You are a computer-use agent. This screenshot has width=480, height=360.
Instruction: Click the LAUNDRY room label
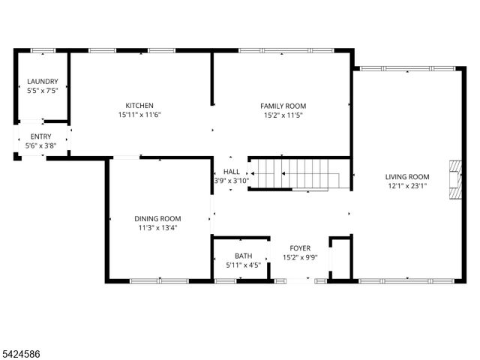coord(42,82)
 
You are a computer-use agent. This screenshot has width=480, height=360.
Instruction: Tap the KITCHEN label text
coord(139,106)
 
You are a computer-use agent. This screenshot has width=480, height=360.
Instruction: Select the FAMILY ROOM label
coord(283,106)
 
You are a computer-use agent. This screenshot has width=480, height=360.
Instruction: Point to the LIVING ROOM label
coord(407,176)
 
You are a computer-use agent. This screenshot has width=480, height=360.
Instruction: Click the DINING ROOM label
coord(157,218)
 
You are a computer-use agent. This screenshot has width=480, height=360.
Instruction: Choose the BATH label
coord(243,256)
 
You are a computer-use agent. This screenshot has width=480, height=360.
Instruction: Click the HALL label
coord(231,172)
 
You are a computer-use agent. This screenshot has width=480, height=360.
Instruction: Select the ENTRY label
coord(40,136)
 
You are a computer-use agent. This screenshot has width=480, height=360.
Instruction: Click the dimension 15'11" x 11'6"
coord(139,115)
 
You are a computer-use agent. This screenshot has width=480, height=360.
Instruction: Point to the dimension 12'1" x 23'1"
coord(407,186)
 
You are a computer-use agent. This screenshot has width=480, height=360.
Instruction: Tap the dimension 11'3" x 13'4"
coord(157,228)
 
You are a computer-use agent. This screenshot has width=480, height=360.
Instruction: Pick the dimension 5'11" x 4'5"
coord(243,265)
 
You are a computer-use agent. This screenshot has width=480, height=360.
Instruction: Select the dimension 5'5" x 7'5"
coord(42,91)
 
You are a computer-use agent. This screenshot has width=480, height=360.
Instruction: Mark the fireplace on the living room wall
coord(454,180)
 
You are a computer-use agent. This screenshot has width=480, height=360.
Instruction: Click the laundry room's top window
coord(43,51)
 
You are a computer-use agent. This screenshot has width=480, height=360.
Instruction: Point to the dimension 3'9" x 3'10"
coord(231,181)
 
